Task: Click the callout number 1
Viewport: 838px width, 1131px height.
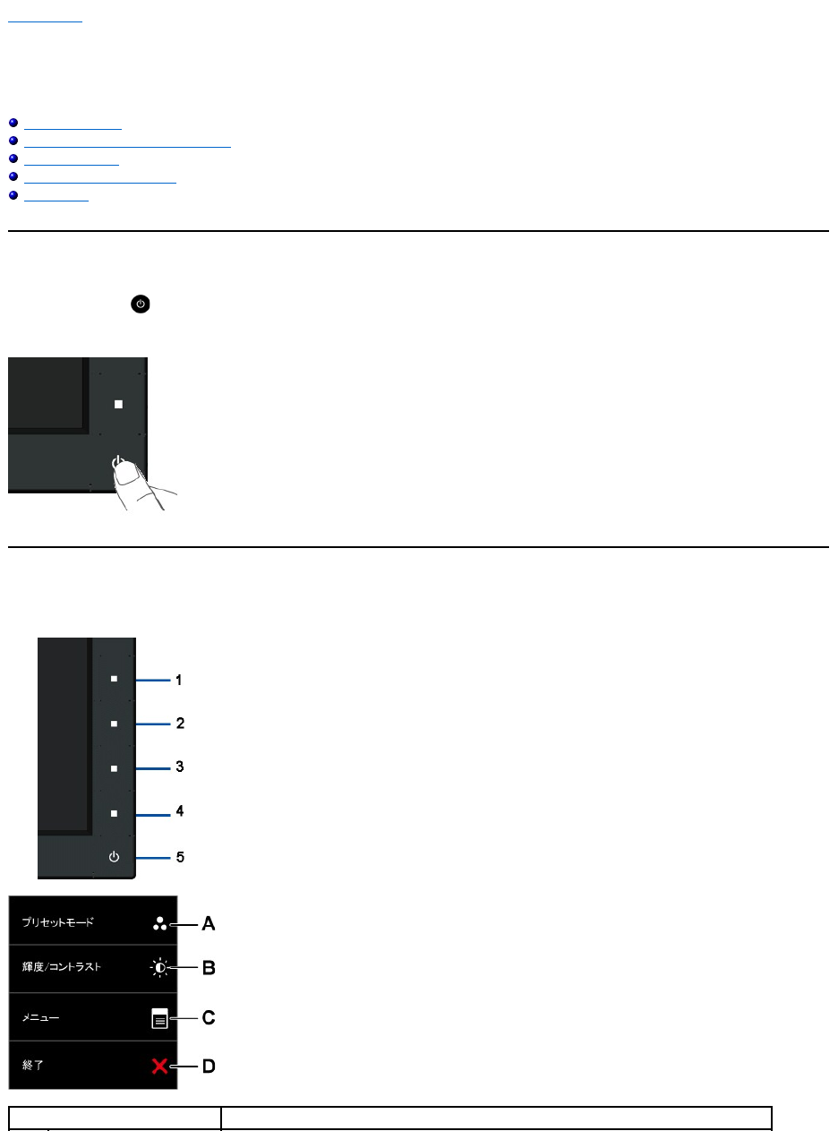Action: point(179,680)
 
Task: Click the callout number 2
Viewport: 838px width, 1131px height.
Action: point(179,723)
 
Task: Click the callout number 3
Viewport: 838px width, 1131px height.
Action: point(179,767)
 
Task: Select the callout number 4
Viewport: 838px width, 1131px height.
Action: point(179,811)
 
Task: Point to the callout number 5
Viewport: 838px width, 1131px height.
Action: point(179,857)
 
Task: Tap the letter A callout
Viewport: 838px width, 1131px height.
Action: point(208,923)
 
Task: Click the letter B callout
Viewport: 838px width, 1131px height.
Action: point(208,968)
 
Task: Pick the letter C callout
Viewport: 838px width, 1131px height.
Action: point(208,1018)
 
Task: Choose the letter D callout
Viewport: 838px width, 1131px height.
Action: point(208,1067)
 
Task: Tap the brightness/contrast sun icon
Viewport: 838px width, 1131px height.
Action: point(159,968)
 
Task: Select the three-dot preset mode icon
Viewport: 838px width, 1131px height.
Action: point(159,923)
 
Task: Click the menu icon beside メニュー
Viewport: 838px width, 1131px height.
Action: point(159,1019)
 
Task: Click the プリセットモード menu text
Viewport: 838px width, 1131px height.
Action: point(58,921)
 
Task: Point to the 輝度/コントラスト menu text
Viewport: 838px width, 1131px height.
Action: point(62,967)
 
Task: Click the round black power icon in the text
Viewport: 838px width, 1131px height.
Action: point(141,304)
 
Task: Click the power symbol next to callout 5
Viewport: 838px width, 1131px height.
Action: point(114,857)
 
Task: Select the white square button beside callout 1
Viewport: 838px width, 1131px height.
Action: point(114,679)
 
